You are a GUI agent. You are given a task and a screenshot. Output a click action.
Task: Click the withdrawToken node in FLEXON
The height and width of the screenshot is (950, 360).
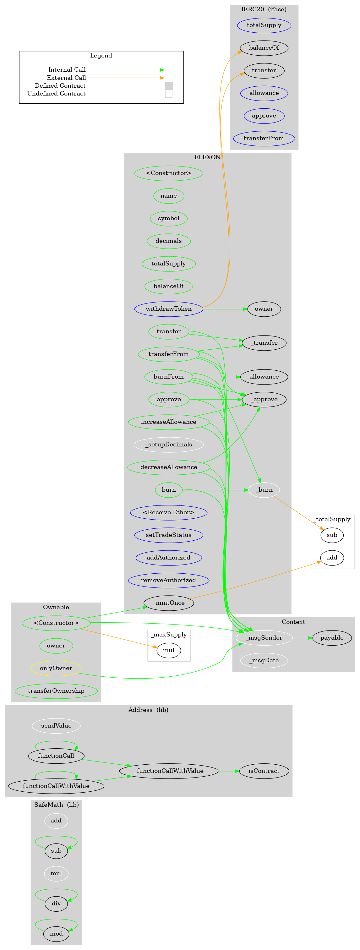169,309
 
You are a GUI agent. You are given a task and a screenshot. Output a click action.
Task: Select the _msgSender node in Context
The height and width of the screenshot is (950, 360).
264,638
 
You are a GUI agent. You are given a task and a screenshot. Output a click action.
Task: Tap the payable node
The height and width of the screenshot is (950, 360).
332,638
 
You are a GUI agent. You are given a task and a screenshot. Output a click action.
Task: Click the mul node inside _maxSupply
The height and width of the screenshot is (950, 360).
169,650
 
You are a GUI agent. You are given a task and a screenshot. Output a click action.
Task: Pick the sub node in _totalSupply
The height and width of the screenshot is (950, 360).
332,535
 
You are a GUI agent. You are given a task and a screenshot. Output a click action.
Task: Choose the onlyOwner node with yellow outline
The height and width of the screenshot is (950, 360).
56,668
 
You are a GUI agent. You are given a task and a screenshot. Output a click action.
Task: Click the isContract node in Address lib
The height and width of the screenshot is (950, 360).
264,771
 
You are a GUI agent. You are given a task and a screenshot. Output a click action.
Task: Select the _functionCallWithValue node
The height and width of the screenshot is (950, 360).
169,771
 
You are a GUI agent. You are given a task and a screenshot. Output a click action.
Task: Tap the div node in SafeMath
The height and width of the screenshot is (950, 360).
56,903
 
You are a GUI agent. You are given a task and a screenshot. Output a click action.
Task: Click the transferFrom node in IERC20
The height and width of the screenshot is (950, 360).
264,138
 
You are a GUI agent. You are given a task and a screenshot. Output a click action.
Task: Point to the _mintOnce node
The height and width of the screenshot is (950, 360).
169,603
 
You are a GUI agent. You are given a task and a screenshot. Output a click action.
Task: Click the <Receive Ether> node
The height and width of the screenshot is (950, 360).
169,512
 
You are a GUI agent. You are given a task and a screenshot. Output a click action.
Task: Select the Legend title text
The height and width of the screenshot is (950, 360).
101,56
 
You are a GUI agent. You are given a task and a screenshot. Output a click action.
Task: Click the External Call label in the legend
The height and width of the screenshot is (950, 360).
66,78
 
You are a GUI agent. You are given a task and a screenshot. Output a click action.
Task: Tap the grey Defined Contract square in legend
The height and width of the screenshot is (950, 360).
169,86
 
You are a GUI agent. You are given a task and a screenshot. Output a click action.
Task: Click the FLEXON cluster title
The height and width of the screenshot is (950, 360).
207,157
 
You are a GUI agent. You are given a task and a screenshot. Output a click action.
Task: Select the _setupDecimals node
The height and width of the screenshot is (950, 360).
169,445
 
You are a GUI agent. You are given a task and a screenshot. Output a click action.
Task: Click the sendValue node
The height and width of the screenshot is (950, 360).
56,725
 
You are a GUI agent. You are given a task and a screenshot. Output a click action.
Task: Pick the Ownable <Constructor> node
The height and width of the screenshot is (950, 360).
56,623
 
